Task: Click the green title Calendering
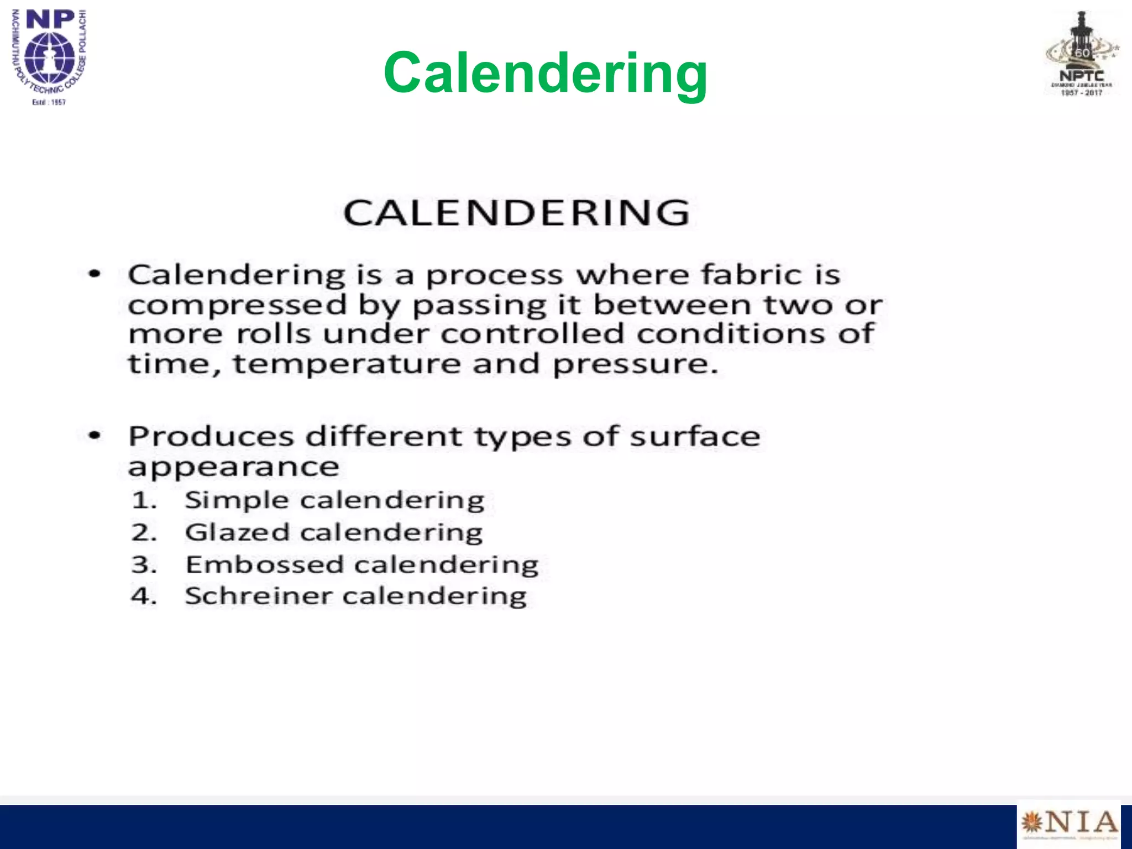[x=545, y=73]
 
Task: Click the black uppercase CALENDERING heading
[x=516, y=213]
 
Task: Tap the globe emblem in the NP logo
[x=50, y=57]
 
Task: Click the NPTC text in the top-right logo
[x=1081, y=76]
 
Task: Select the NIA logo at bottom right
[x=1068, y=823]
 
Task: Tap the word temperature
[x=347, y=364]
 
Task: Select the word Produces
[x=211, y=437]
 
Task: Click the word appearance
[x=233, y=468]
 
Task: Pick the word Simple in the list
[x=237, y=501]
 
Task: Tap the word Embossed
[x=264, y=565]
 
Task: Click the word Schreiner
[x=258, y=596]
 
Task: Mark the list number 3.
[x=142, y=565]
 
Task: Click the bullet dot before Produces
[x=95, y=436]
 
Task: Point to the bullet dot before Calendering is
[x=95, y=274]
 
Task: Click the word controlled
[x=532, y=334]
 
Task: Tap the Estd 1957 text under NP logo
[x=49, y=102]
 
